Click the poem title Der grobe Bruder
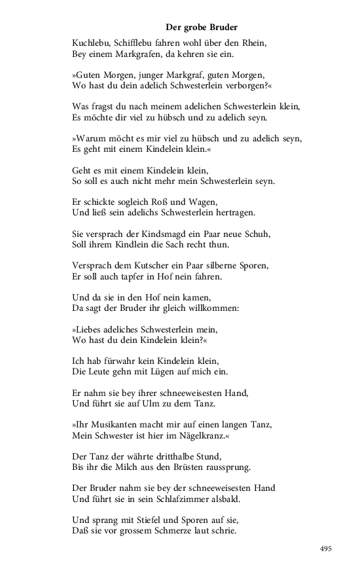[x=201, y=27]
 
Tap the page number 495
[x=326, y=549]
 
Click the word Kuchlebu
[x=91, y=43]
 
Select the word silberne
[x=213, y=265]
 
